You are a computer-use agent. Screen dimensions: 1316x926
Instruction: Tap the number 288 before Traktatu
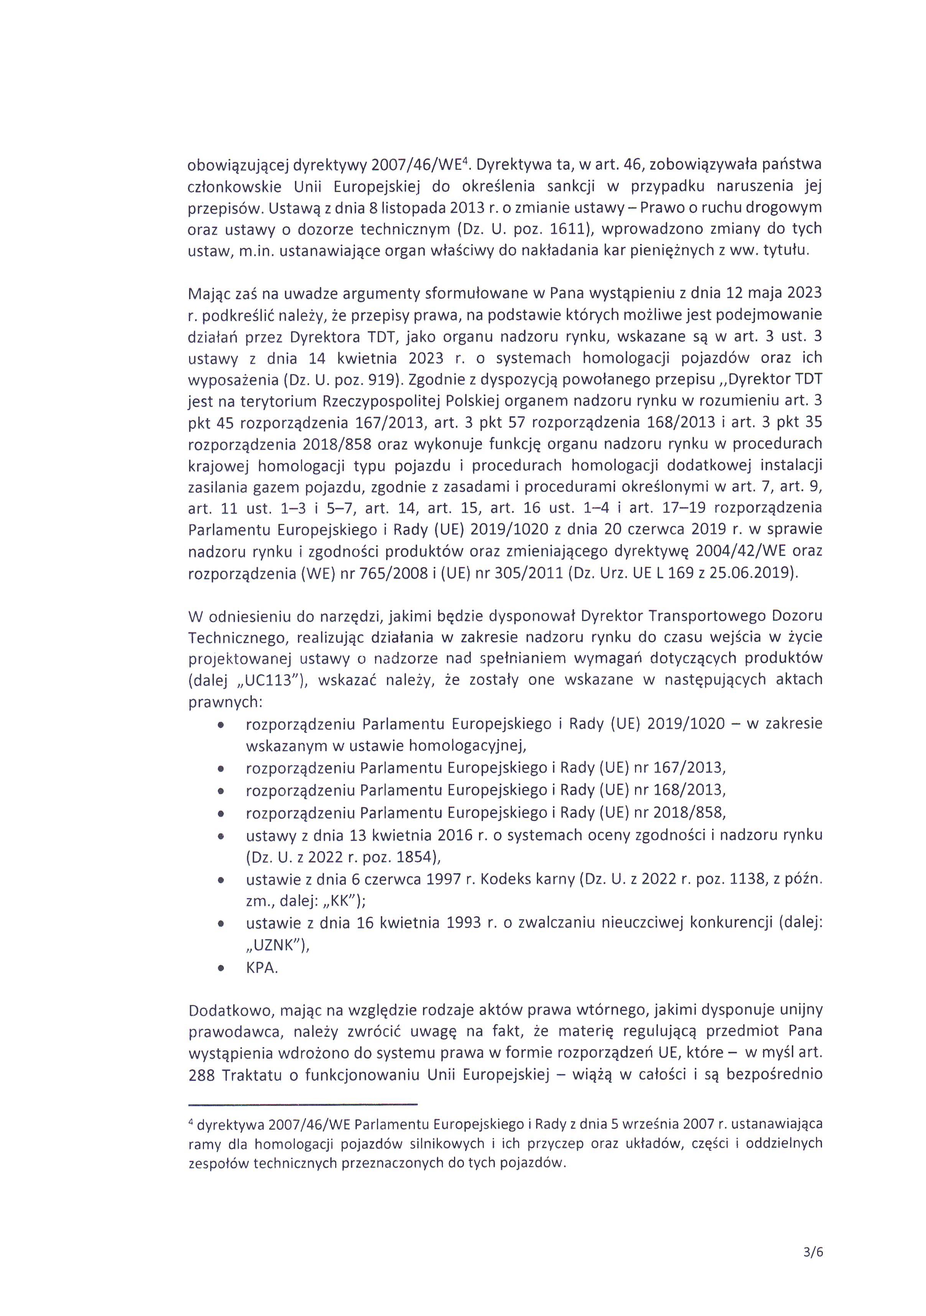[201, 1075]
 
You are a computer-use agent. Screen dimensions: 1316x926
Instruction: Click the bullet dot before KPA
[220, 969]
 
